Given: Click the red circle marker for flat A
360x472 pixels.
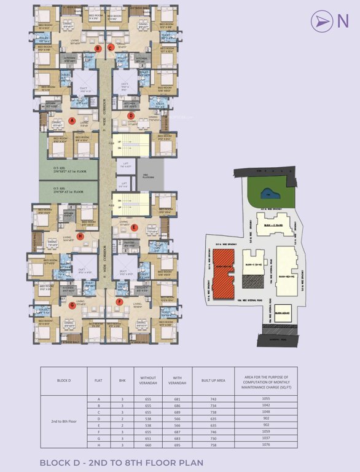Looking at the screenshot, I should (x=72, y=120).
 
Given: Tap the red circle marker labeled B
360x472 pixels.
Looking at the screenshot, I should (x=97, y=48).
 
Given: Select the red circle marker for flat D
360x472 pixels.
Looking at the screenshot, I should (x=130, y=115).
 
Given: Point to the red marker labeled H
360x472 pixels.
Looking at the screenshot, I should (x=80, y=235).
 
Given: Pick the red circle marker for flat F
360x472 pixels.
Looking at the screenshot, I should (x=119, y=301).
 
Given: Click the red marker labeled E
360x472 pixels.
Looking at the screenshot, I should (x=134, y=227).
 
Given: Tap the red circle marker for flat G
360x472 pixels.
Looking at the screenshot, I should (x=72, y=304).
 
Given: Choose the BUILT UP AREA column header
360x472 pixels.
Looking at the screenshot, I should (x=212, y=380).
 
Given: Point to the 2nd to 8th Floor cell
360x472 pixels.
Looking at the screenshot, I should (x=65, y=422).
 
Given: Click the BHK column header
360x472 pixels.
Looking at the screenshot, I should (x=122, y=380).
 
